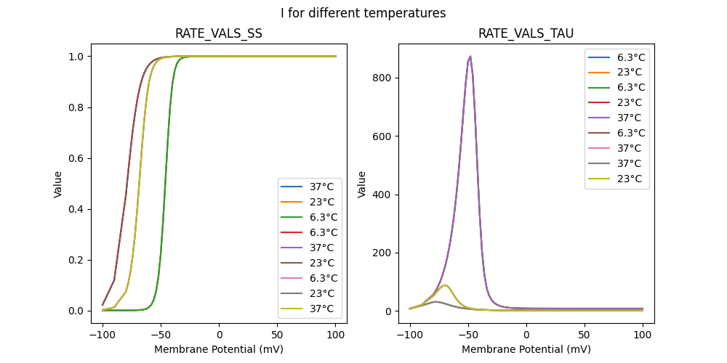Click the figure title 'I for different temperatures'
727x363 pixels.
(363, 13)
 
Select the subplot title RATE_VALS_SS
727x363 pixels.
(219, 34)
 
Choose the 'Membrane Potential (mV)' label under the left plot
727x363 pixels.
(219, 349)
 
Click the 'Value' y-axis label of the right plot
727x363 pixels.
(361, 184)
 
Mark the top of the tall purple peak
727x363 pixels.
(470, 56)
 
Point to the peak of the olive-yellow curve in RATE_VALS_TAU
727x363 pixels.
(445, 285)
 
